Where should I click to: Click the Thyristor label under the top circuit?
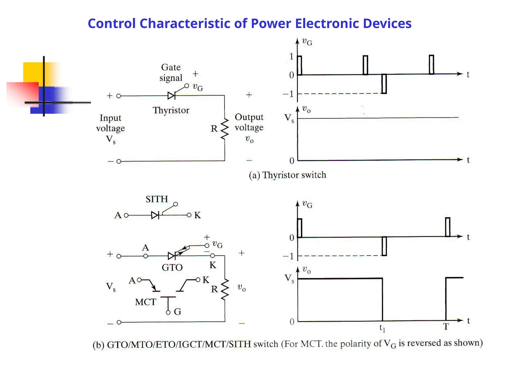pos(171,110)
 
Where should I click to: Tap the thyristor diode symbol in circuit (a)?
pos(171,96)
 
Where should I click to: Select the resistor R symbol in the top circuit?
pos(224,129)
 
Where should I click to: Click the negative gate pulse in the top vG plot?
pos(384,84)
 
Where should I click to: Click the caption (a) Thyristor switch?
pos(287,175)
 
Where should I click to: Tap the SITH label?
pos(157,199)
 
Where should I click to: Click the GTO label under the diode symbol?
pos(172,268)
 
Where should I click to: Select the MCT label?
pos(145,302)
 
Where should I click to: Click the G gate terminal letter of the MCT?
pos(177,312)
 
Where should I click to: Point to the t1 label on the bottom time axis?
pos(382,328)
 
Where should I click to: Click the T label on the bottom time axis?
pos(446,327)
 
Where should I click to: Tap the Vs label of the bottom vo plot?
pos(289,279)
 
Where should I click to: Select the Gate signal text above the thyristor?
pos(171,72)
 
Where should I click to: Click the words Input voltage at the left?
pos(110,123)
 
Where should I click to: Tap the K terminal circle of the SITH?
pos(189,215)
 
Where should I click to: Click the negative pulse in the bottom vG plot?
pos(384,246)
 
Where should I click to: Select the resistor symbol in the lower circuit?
pos(225,289)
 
